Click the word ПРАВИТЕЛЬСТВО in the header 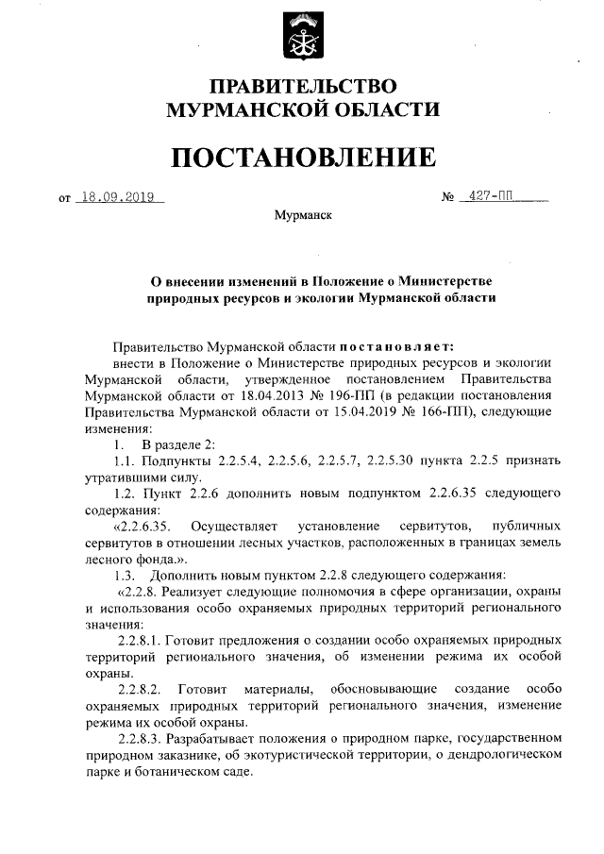click(302, 86)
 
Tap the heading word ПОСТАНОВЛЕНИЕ click(302, 156)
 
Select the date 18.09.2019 click(121, 198)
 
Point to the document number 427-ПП click(491, 198)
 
